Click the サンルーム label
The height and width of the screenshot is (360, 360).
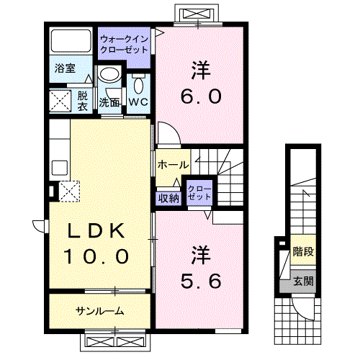pos(100,311)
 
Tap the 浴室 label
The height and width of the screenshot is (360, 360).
pos(66,69)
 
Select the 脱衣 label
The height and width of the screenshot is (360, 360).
pos(83,100)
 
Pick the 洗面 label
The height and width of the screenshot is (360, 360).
pos(109,102)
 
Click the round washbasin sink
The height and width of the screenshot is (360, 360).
pos(109,75)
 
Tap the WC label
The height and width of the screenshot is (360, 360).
pos(138,102)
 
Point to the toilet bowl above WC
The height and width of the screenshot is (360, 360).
pos(138,84)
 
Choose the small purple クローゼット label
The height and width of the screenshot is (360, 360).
pos(198,192)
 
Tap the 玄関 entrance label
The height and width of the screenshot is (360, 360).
pos(303,282)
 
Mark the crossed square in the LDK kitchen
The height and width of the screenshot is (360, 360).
pos(69,192)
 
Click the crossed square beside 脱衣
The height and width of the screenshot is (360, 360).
pos(60,100)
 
